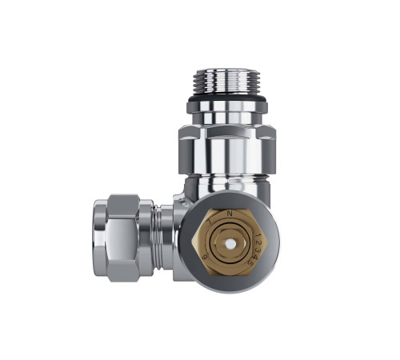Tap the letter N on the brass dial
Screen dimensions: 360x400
(230, 214)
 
